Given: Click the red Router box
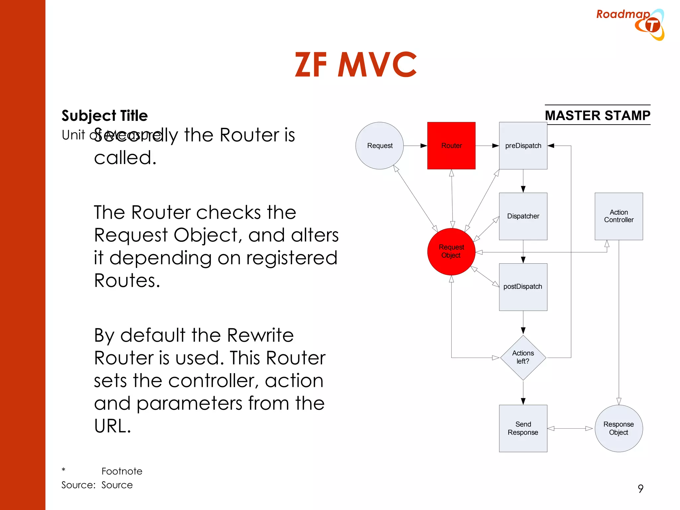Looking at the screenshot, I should click(451, 146).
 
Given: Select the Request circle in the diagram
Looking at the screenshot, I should click(380, 146).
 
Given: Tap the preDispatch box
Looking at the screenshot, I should click(523, 146).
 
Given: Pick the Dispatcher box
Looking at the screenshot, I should click(523, 216).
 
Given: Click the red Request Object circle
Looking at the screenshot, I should click(451, 251).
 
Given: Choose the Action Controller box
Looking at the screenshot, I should click(619, 216).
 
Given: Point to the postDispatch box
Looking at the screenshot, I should click(523, 287).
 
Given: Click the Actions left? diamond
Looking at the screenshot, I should click(523, 358).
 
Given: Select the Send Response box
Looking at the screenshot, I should click(523, 428).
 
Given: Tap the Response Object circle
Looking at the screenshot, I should click(619, 428).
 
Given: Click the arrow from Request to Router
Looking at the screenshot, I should click(415, 146).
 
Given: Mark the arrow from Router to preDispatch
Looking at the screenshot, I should click(487, 146).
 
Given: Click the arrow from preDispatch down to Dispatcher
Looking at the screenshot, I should click(523, 181).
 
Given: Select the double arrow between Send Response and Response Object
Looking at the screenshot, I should click(570, 429).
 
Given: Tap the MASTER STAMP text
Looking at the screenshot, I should click(597, 115).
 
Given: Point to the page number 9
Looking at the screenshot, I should click(640, 488).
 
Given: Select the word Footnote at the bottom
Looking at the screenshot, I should click(122, 471).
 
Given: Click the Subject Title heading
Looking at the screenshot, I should click(105, 116).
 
